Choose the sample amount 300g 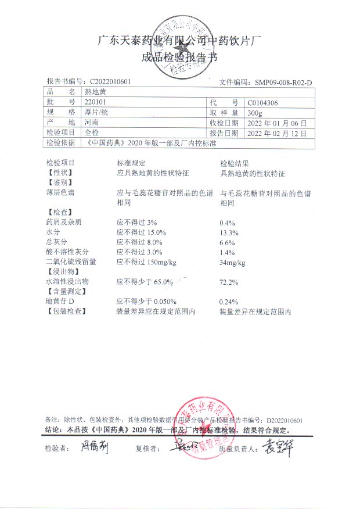coord(254,112)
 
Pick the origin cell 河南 coord(91,123)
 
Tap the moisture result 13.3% coord(228,232)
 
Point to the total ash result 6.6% coord(226,242)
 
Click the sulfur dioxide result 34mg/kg coord(232,263)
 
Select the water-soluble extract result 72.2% coord(228,282)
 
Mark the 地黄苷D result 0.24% coord(228,302)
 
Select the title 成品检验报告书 coord(180,57)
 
